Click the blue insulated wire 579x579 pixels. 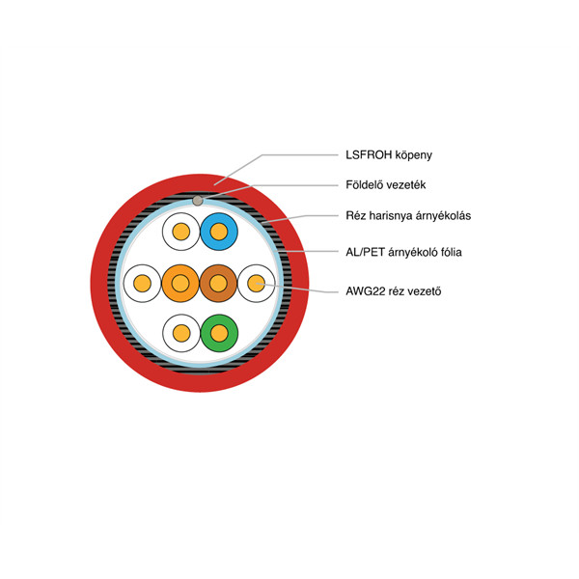point(219,232)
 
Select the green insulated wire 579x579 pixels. point(219,333)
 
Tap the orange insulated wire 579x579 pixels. point(180,283)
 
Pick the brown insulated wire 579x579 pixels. point(218,283)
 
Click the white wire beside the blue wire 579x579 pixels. point(181,232)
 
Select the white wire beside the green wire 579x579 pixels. point(181,333)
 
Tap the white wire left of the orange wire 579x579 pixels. point(142,283)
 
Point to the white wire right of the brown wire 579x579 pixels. point(257,283)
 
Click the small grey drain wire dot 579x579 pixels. point(198,201)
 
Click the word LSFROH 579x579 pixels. point(369,154)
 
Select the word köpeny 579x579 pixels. point(414,155)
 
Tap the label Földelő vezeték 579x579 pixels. point(385,184)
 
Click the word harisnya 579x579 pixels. point(391,215)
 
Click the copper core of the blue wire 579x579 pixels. point(219,232)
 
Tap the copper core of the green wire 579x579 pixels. point(219,333)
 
